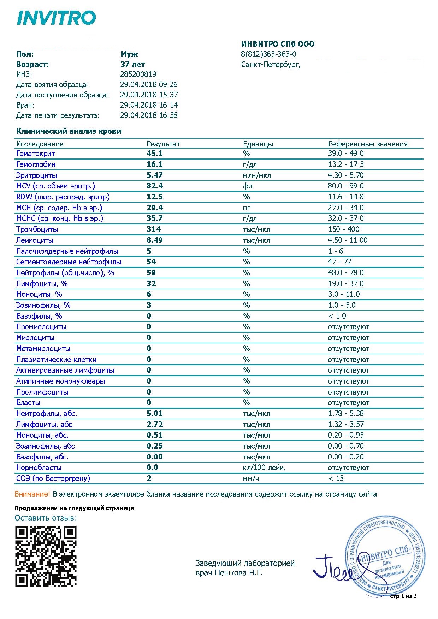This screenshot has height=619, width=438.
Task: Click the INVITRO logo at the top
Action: (x=57, y=18)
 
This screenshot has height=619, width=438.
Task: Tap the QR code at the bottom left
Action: (x=46, y=557)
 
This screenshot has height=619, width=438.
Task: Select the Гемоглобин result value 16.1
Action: (x=155, y=164)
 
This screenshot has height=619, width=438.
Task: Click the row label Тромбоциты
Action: (x=37, y=229)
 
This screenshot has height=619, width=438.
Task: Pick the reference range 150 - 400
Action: (x=343, y=229)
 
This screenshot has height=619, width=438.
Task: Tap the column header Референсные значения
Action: (x=368, y=144)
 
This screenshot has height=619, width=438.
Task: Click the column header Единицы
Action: (x=258, y=144)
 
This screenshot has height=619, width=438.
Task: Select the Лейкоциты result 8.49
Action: (x=155, y=240)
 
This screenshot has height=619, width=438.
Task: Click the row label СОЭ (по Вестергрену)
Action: (x=53, y=479)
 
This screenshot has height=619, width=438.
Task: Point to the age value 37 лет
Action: (x=132, y=65)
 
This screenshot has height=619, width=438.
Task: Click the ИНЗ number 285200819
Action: (x=138, y=74)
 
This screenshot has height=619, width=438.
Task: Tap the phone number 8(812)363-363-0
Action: (x=268, y=54)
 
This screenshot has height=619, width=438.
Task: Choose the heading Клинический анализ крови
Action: (x=69, y=131)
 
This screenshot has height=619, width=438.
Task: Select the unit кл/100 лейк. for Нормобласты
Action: (x=264, y=468)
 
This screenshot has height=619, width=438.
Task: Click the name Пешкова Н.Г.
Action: (x=239, y=573)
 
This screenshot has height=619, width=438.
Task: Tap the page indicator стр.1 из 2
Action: (x=403, y=596)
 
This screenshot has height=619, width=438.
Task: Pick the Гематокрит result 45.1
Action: (x=155, y=154)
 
